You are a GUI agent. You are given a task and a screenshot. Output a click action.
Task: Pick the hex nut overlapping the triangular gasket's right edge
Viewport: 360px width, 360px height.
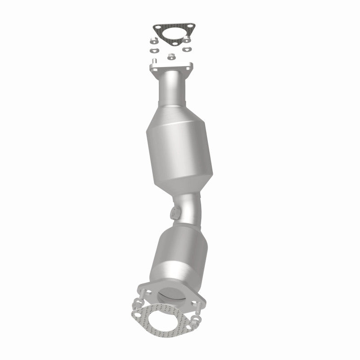coord(186,39)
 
